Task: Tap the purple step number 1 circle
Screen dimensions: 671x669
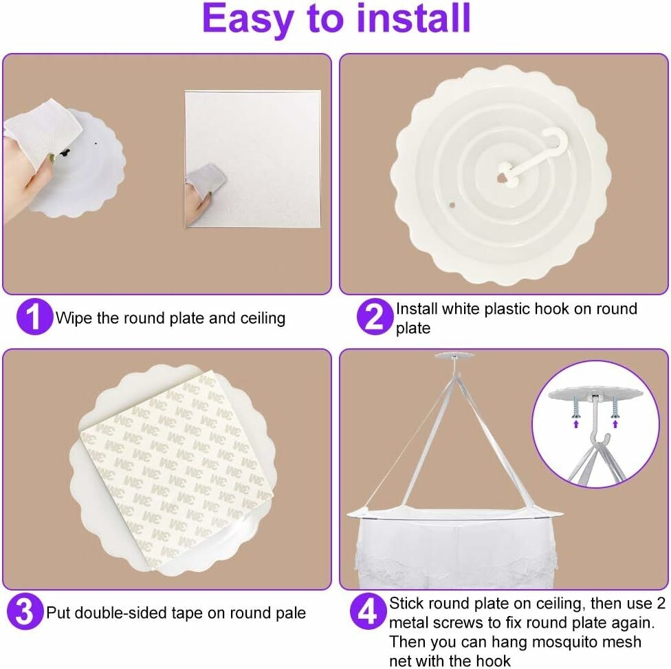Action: click(34, 317)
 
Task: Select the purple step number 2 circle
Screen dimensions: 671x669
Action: click(375, 317)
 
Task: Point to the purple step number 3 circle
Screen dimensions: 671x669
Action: click(25, 611)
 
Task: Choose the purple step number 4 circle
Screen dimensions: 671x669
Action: click(368, 611)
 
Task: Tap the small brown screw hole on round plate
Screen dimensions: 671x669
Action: click(452, 205)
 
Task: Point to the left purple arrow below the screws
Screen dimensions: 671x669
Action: click(576, 423)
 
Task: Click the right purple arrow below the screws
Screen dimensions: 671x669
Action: click(615, 423)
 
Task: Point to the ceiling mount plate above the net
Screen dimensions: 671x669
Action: click(454, 355)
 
